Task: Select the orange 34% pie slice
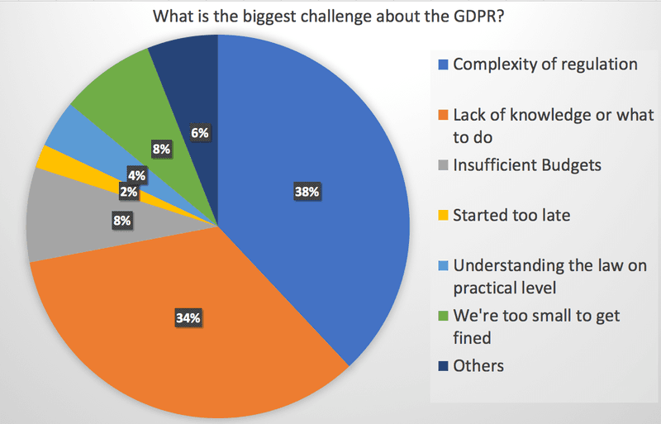coord(165,331)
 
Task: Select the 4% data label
coord(137,174)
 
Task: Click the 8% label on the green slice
coord(161,150)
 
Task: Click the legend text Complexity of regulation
coord(545,64)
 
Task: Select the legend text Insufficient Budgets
coord(527,164)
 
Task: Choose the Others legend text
coord(478,364)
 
